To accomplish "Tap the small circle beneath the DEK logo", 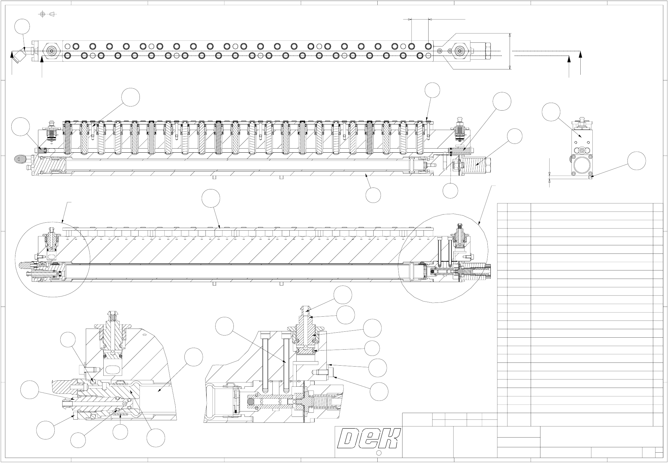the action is pyautogui.click(x=379, y=453).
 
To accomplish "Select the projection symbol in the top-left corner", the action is pyautogui.click(x=47, y=14).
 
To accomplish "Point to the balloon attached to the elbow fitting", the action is pyautogui.click(x=22, y=28).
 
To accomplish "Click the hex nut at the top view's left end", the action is pyautogui.click(x=52, y=51).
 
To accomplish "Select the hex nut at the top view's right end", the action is pyautogui.click(x=460, y=51).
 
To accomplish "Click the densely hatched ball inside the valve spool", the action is pyautogui.click(x=251, y=402).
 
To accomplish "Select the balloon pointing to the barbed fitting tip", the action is pyautogui.click(x=342, y=295).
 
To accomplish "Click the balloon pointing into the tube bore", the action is pyautogui.click(x=194, y=357).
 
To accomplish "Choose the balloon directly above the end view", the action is pyautogui.click(x=551, y=112).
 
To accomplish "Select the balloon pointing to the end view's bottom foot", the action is pyautogui.click(x=637, y=161).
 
